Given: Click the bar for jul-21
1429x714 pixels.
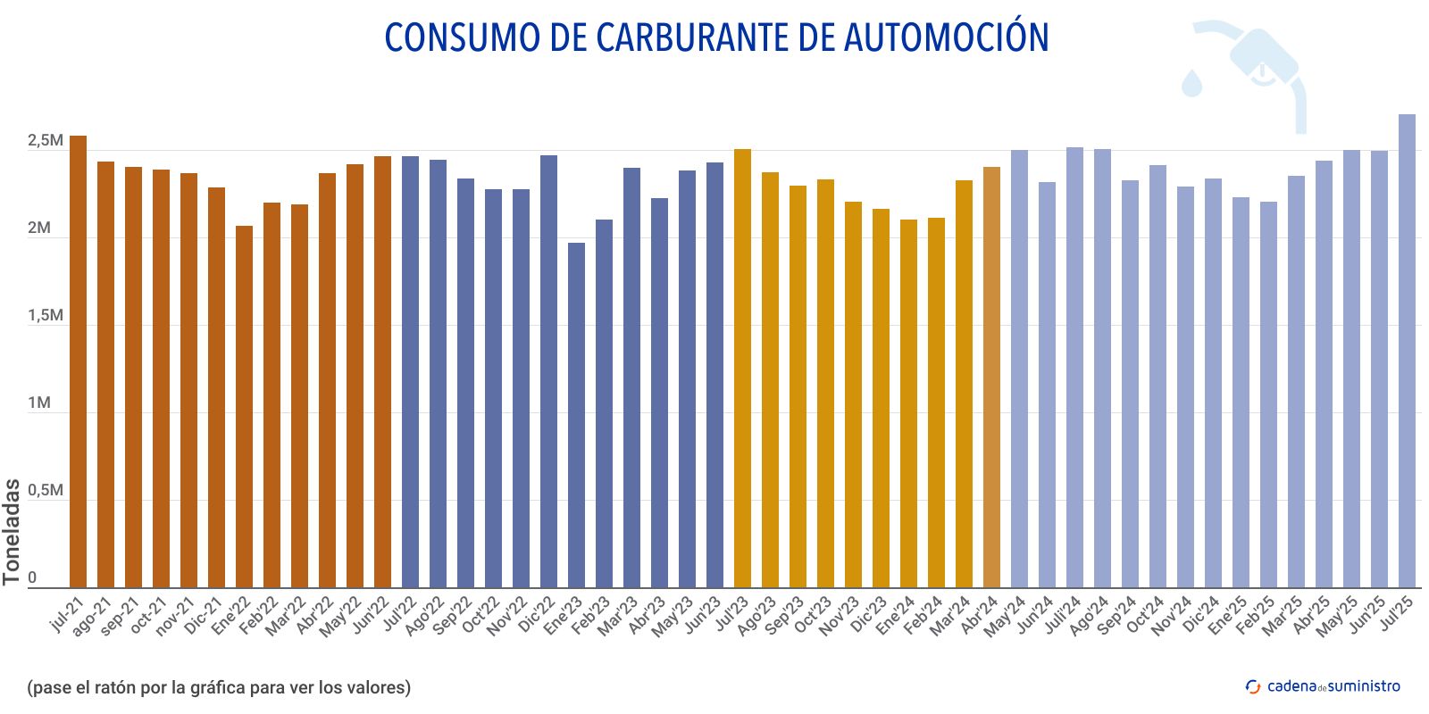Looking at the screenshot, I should coord(79,361).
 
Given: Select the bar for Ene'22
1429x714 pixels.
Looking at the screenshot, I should coord(245,406).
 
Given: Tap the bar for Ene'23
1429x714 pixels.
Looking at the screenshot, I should coord(577,415).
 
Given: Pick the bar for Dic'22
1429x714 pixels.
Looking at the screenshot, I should coord(549,370).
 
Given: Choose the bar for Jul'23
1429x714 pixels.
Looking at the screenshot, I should coord(743,368).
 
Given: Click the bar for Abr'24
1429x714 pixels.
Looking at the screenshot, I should coord(992,377).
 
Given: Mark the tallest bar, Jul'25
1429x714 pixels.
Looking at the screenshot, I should coord(1407,350).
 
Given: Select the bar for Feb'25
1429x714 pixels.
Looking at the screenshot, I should coord(1268,394).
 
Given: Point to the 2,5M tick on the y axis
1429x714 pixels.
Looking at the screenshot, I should coord(45,141).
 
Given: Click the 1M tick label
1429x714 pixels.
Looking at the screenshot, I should coord(39,403).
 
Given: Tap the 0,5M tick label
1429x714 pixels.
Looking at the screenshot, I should coord(45,491).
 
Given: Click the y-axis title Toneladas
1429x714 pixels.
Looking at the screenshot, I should coord(12,532).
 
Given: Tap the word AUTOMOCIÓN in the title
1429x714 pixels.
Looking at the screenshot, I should coord(946,37).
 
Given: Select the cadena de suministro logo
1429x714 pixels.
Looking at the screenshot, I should coord(1323,686).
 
